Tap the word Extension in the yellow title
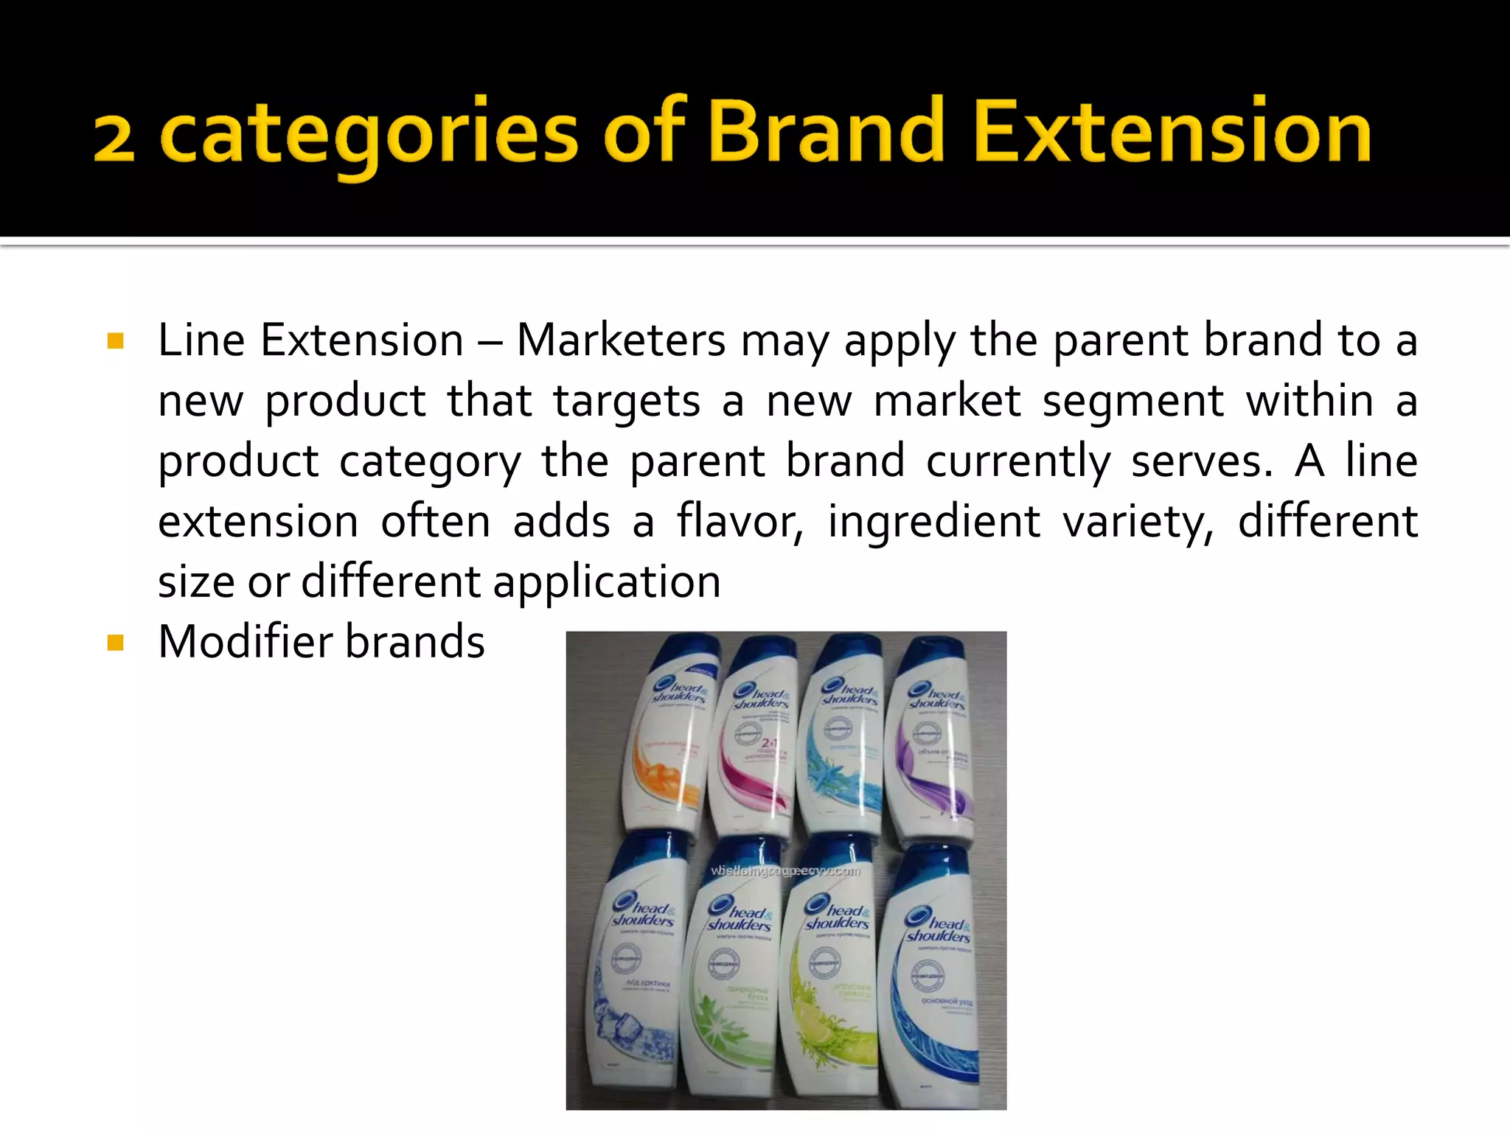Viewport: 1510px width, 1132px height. pyautogui.click(x=1172, y=130)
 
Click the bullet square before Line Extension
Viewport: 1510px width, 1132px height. pyautogui.click(x=116, y=340)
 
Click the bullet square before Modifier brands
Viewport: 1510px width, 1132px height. pyautogui.click(x=116, y=643)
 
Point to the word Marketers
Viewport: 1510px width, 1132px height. pyautogui.click(x=621, y=340)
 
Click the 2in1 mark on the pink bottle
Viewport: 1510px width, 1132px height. pyautogui.click(x=769, y=743)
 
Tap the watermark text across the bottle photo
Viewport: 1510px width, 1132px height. pyautogui.click(x=785, y=871)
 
